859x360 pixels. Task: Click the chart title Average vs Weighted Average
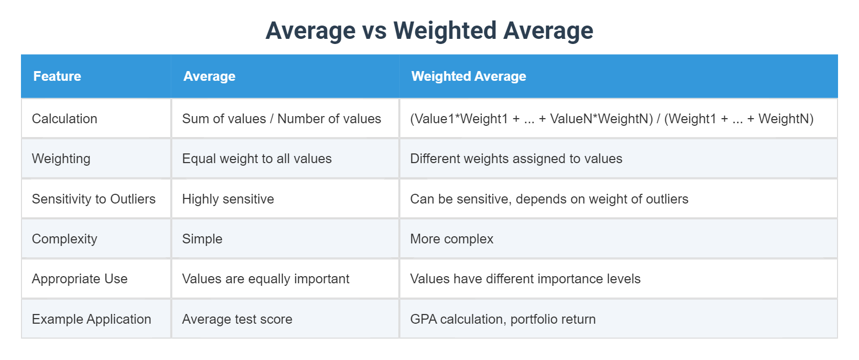click(429, 31)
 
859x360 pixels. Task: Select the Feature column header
click(57, 76)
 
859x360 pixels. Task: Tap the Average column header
click(209, 76)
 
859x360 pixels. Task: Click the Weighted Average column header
click(468, 76)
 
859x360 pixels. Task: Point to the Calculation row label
click(64, 119)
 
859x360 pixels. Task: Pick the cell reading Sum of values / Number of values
click(281, 119)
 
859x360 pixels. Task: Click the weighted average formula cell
click(612, 119)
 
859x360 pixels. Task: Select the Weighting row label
click(61, 159)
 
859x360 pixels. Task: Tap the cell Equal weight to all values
click(257, 159)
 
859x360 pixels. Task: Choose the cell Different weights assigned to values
click(516, 159)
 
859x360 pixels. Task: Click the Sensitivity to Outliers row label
click(94, 199)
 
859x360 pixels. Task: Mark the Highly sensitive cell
click(228, 199)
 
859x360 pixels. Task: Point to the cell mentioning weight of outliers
click(549, 199)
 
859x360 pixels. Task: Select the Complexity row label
click(64, 239)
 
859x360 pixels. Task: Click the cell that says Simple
click(202, 239)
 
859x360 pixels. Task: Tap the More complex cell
click(451, 239)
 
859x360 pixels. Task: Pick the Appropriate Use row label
click(79, 279)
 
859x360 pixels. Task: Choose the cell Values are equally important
click(265, 279)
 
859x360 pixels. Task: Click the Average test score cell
click(237, 319)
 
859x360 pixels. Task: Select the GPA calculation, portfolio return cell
click(503, 319)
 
